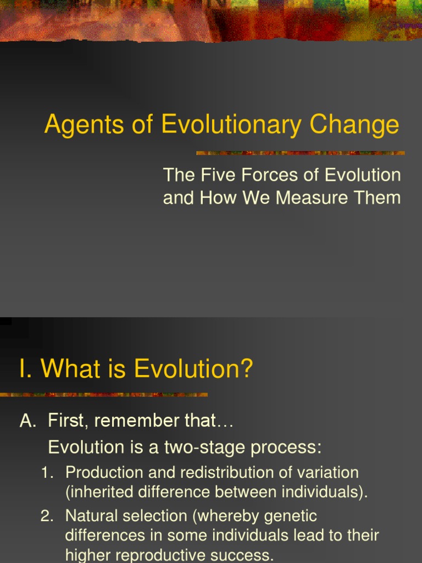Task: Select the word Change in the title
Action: click(354, 125)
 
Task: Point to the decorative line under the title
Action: click(300, 153)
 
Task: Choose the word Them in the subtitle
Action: click(381, 198)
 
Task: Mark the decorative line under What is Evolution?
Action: click(104, 394)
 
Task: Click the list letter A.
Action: click(27, 421)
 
